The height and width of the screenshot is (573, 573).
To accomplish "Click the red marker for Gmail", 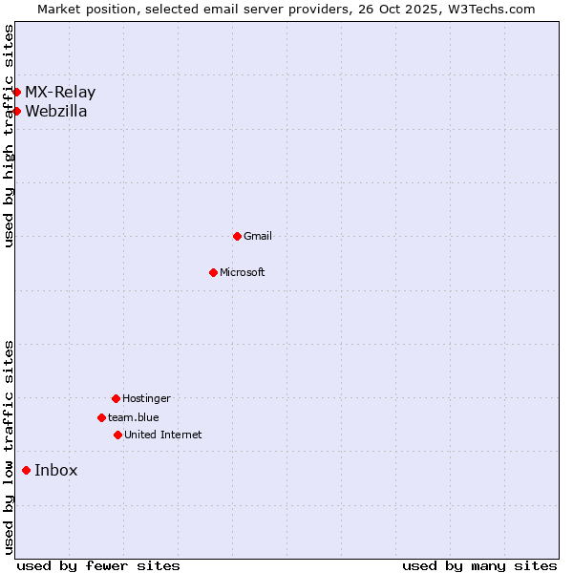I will [x=237, y=236].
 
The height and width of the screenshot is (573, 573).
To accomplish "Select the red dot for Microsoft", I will [x=213, y=272].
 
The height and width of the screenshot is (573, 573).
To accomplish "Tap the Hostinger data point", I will [x=116, y=398].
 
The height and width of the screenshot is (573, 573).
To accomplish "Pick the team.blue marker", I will [x=101, y=417].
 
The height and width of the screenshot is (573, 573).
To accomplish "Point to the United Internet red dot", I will [x=117, y=435].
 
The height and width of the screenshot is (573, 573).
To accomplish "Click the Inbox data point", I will [x=26, y=470].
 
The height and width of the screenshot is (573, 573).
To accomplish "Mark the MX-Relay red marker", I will [x=16, y=92].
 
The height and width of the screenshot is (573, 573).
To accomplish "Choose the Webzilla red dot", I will [x=16, y=111].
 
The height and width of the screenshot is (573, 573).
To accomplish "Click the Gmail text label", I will [x=258, y=236].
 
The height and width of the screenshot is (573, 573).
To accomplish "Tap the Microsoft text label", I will [x=243, y=272].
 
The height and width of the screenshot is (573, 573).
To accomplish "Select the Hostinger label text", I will [x=146, y=398].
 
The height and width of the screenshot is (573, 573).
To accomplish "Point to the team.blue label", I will [x=134, y=417].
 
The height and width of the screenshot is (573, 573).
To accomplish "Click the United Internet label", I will [x=163, y=435].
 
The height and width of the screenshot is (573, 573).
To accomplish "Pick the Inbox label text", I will [x=56, y=470].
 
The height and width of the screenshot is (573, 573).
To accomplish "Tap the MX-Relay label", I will [x=60, y=93].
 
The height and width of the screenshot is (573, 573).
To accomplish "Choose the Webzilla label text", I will [x=56, y=111].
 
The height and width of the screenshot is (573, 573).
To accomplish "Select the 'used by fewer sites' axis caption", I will [x=98, y=565].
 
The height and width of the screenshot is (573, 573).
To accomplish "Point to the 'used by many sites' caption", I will [x=479, y=565].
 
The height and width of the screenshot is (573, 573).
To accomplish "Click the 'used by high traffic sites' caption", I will [x=9, y=136].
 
